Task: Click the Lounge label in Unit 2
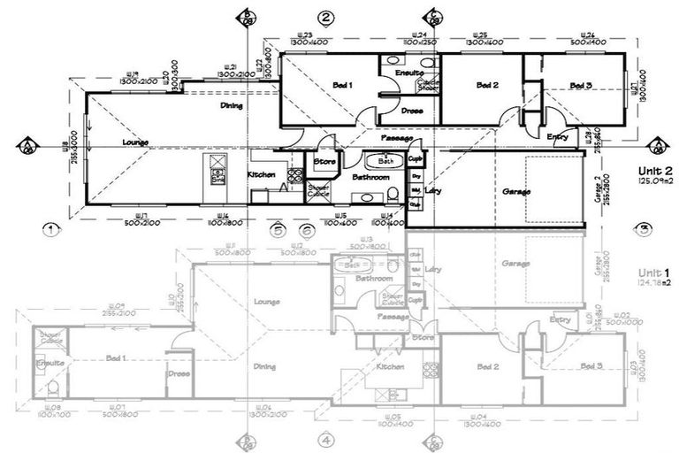tap(135, 142)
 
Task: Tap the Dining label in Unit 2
tap(233, 105)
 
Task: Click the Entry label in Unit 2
tap(558, 136)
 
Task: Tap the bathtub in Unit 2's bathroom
tap(385, 161)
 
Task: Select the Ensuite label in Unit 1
tap(48, 363)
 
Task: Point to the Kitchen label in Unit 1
tap(390, 366)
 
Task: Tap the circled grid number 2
tap(325, 18)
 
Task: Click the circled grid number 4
tap(325, 440)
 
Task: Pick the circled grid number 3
tap(645, 228)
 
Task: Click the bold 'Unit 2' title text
tap(655, 172)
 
